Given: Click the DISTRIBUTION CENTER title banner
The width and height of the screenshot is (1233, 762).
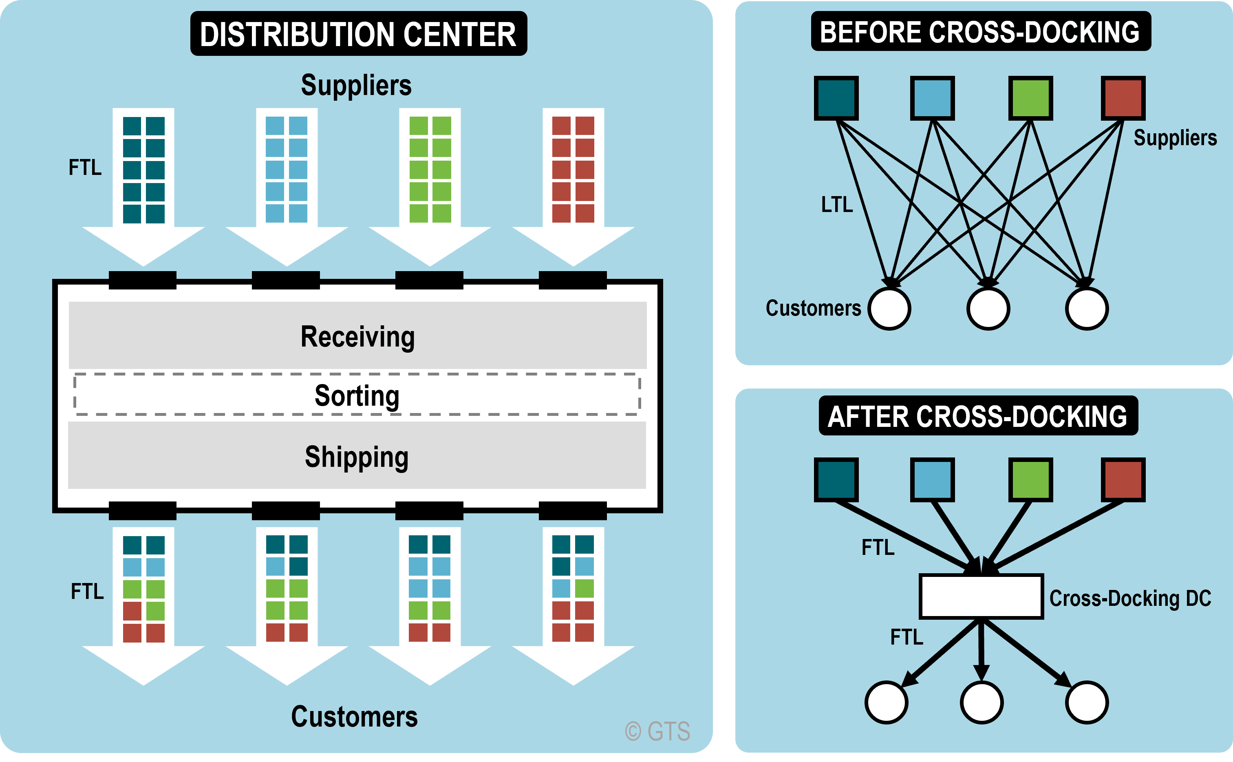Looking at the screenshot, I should (x=358, y=34).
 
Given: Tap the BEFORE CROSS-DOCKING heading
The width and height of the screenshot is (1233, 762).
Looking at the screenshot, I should (x=980, y=32).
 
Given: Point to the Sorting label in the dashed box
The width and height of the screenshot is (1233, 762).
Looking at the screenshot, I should (x=357, y=395).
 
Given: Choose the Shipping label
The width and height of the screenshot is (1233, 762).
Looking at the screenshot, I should (x=357, y=457).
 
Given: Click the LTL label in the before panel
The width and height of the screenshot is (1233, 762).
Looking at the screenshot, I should (x=837, y=205).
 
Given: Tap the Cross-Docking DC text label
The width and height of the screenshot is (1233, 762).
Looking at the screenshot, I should (x=1130, y=598).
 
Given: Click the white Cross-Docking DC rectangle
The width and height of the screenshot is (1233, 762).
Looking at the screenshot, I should (x=981, y=596).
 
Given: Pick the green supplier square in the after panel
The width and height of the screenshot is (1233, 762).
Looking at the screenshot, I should (x=1030, y=479).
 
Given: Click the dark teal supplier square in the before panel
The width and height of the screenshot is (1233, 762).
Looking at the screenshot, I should (x=836, y=98).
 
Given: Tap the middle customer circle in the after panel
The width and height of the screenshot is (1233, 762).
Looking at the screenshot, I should (x=981, y=702).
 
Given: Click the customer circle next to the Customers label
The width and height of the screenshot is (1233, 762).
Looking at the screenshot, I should (x=889, y=308).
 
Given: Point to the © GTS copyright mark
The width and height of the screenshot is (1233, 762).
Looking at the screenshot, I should (x=657, y=731).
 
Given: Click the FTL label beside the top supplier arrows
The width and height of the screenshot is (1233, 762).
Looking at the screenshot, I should (x=85, y=167).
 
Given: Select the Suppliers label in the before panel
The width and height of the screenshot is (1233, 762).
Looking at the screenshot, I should (x=1175, y=137).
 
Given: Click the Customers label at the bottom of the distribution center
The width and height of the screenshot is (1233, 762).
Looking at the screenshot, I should (x=354, y=716).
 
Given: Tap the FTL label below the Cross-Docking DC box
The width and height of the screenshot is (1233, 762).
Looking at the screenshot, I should (x=906, y=637).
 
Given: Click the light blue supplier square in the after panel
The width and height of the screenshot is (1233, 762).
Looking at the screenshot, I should (x=932, y=479).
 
